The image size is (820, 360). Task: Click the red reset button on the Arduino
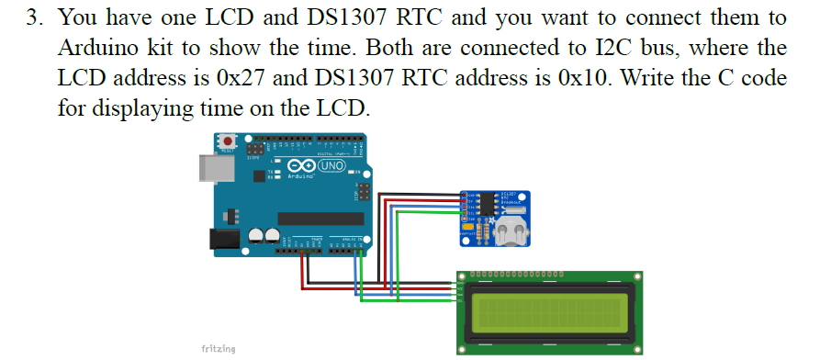point(225,141)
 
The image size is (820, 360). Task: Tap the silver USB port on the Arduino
point(212,168)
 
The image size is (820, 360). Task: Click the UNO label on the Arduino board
point(331,166)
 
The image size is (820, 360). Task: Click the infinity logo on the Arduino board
point(299,166)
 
